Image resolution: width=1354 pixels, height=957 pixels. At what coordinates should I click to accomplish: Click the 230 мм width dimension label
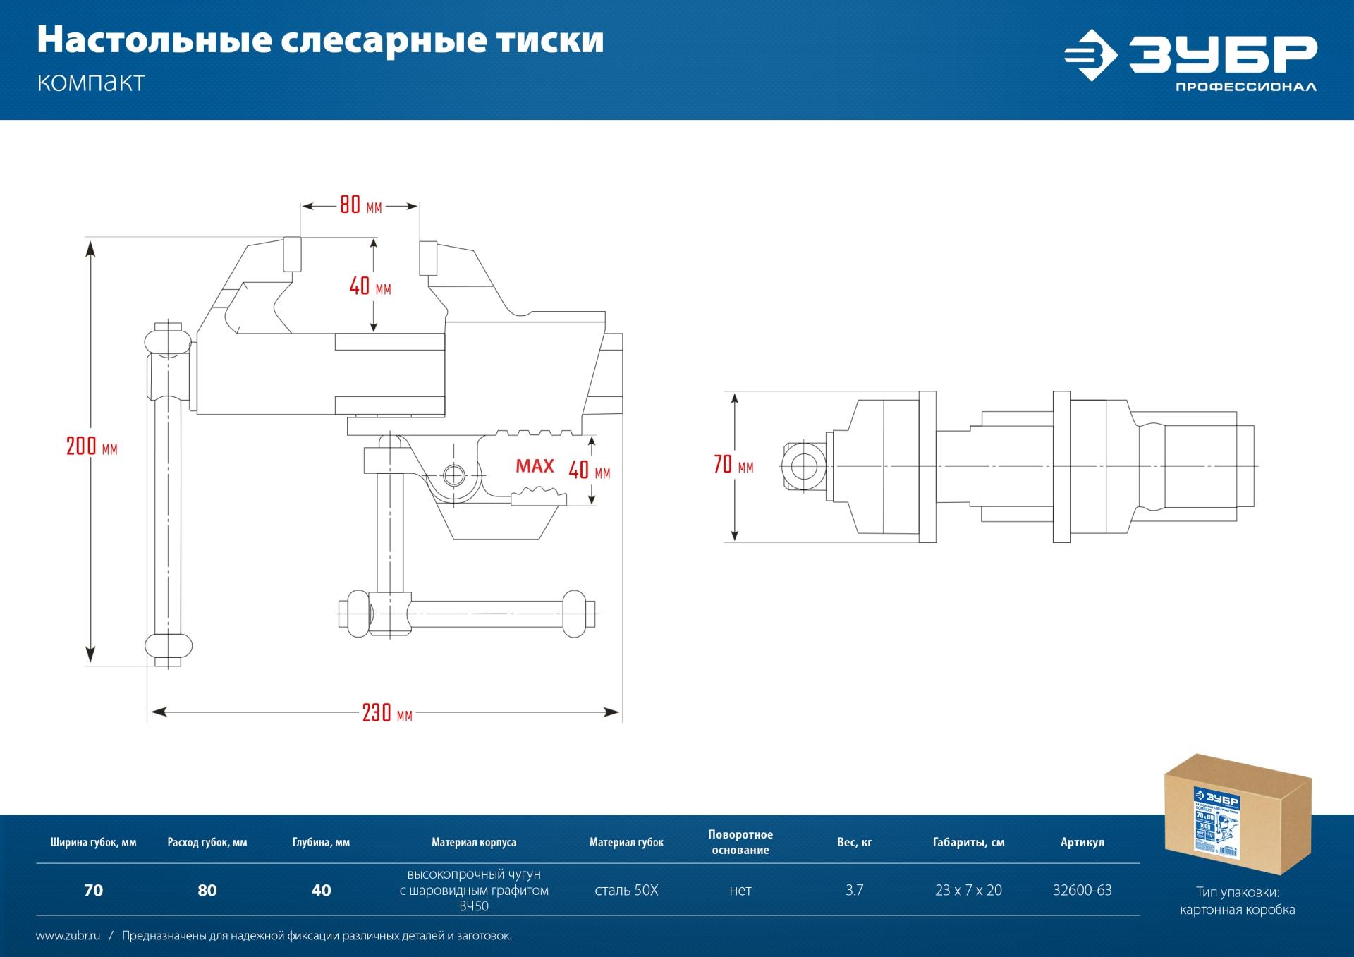click(x=386, y=713)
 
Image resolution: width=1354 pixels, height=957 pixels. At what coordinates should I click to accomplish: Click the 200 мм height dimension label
click(x=91, y=447)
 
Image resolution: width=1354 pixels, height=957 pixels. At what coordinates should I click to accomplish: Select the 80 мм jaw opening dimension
click(x=360, y=206)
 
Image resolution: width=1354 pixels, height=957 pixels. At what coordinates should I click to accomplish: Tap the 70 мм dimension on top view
click(x=733, y=465)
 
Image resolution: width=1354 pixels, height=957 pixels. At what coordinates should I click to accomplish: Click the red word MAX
click(x=535, y=466)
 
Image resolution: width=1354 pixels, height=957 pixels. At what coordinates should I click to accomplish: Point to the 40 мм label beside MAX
click(x=590, y=470)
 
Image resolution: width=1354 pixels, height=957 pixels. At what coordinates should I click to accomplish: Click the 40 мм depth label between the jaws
click(x=370, y=286)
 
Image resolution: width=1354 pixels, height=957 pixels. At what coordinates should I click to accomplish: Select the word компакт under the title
click(x=90, y=83)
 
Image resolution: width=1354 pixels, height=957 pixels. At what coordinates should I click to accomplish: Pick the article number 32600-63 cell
click(x=1082, y=890)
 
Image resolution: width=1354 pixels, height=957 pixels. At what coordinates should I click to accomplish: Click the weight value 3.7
click(x=854, y=890)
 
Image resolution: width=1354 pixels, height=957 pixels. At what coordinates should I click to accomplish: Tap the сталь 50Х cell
click(x=626, y=890)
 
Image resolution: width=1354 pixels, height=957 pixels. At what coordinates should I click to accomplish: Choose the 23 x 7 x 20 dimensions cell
click(x=968, y=890)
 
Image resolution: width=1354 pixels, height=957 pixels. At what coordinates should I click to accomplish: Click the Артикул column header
click(x=1082, y=842)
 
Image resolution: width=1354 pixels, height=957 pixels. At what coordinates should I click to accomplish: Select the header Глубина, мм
click(x=321, y=842)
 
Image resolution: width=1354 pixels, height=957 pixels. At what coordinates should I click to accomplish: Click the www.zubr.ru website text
click(x=68, y=936)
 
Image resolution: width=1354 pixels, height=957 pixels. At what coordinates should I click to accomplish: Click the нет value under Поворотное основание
click(x=740, y=890)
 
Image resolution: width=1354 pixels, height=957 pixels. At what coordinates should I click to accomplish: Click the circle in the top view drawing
click(x=803, y=465)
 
